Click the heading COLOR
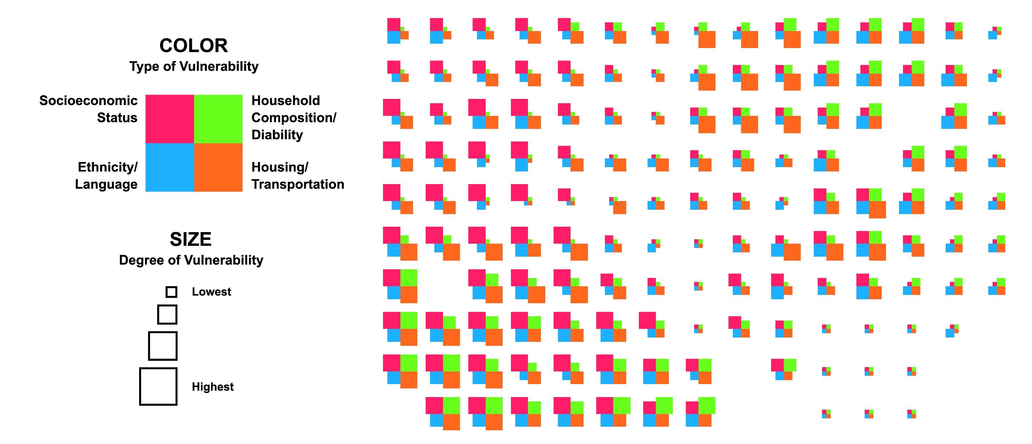coord(194,45)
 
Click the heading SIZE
coord(191,239)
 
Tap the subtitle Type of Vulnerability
coord(194,66)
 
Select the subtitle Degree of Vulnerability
coord(191,260)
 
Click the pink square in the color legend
coord(170,119)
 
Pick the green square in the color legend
coord(218,119)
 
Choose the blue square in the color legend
coord(170,167)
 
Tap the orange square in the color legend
coord(218,167)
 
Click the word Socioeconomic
coord(89,100)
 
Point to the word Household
coord(285,100)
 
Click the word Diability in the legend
coord(277,135)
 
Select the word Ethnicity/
coord(108,167)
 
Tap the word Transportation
coord(298,184)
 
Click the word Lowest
coord(211,292)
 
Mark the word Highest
coord(213,387)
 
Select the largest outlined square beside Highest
coord(158,368)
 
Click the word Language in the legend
coord(106,184)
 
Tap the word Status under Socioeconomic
coord(117,118)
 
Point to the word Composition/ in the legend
coord(294,118)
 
